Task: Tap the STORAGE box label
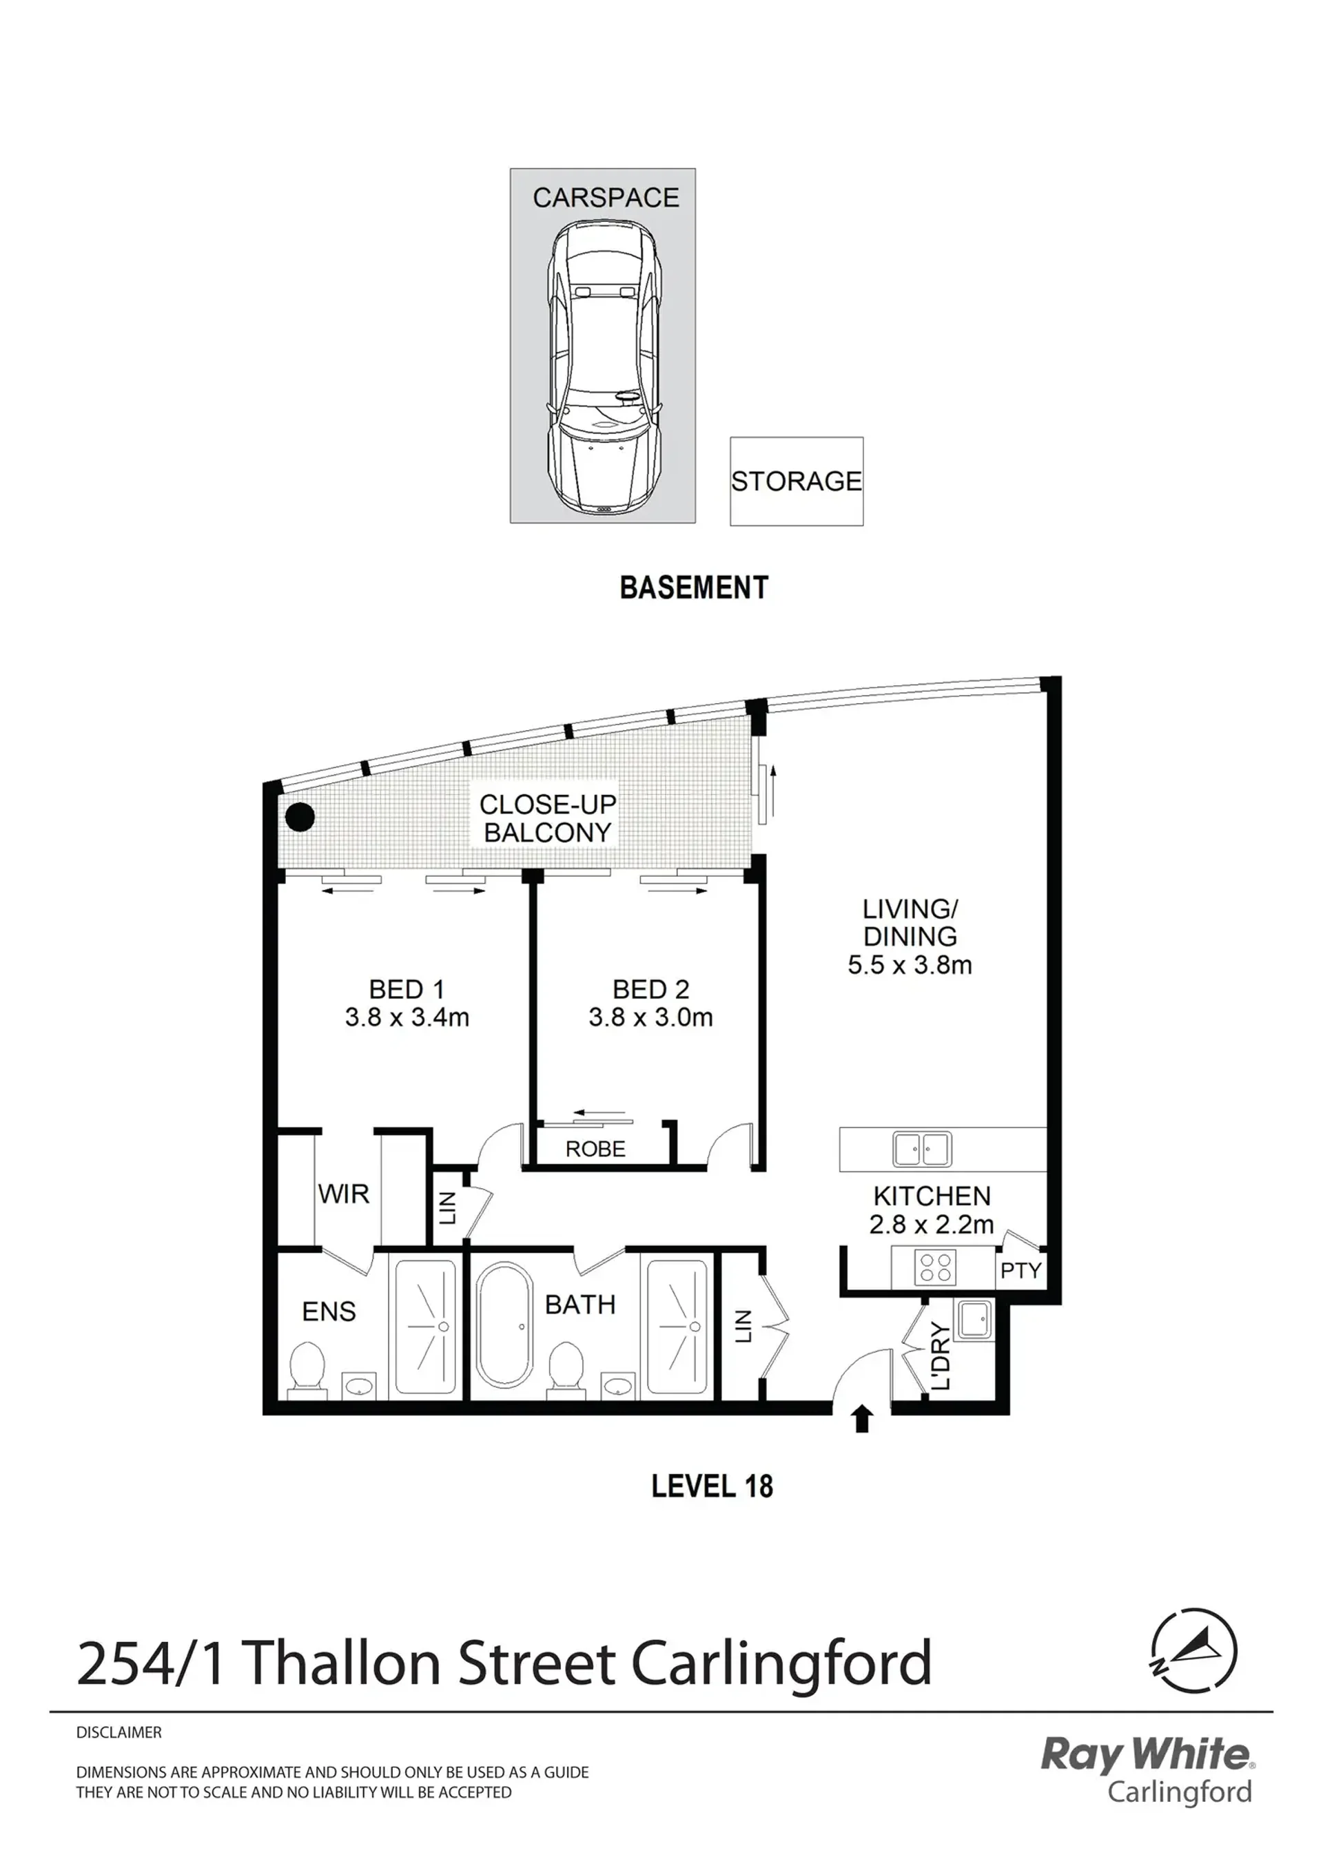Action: pyautogui.click(x=796, y=481)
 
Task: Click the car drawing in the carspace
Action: pyautogui.click(x=602, y=367)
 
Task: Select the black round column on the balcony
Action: pyautogui.click(x=300, y=816)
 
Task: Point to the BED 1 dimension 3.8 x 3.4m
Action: pyautogui.click(x=407, y=1017)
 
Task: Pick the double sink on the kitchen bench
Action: pyautogui.click(x=921, y=1149)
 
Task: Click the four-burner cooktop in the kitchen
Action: pyautogui.click(x=934, y=1267)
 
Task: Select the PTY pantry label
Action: pyautogui.click(x=1020, y=1271)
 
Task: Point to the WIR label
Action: pyautogui.click(x=343, y=1194)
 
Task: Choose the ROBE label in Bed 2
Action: pyautogui.click(x=595, y=1149)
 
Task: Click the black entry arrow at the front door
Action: pyautogui.click(x=862, y=1420)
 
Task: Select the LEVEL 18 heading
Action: pyautogui.click(x=712, y=1486)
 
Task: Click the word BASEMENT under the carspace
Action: pyautogui.click(x=694, y=588)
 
